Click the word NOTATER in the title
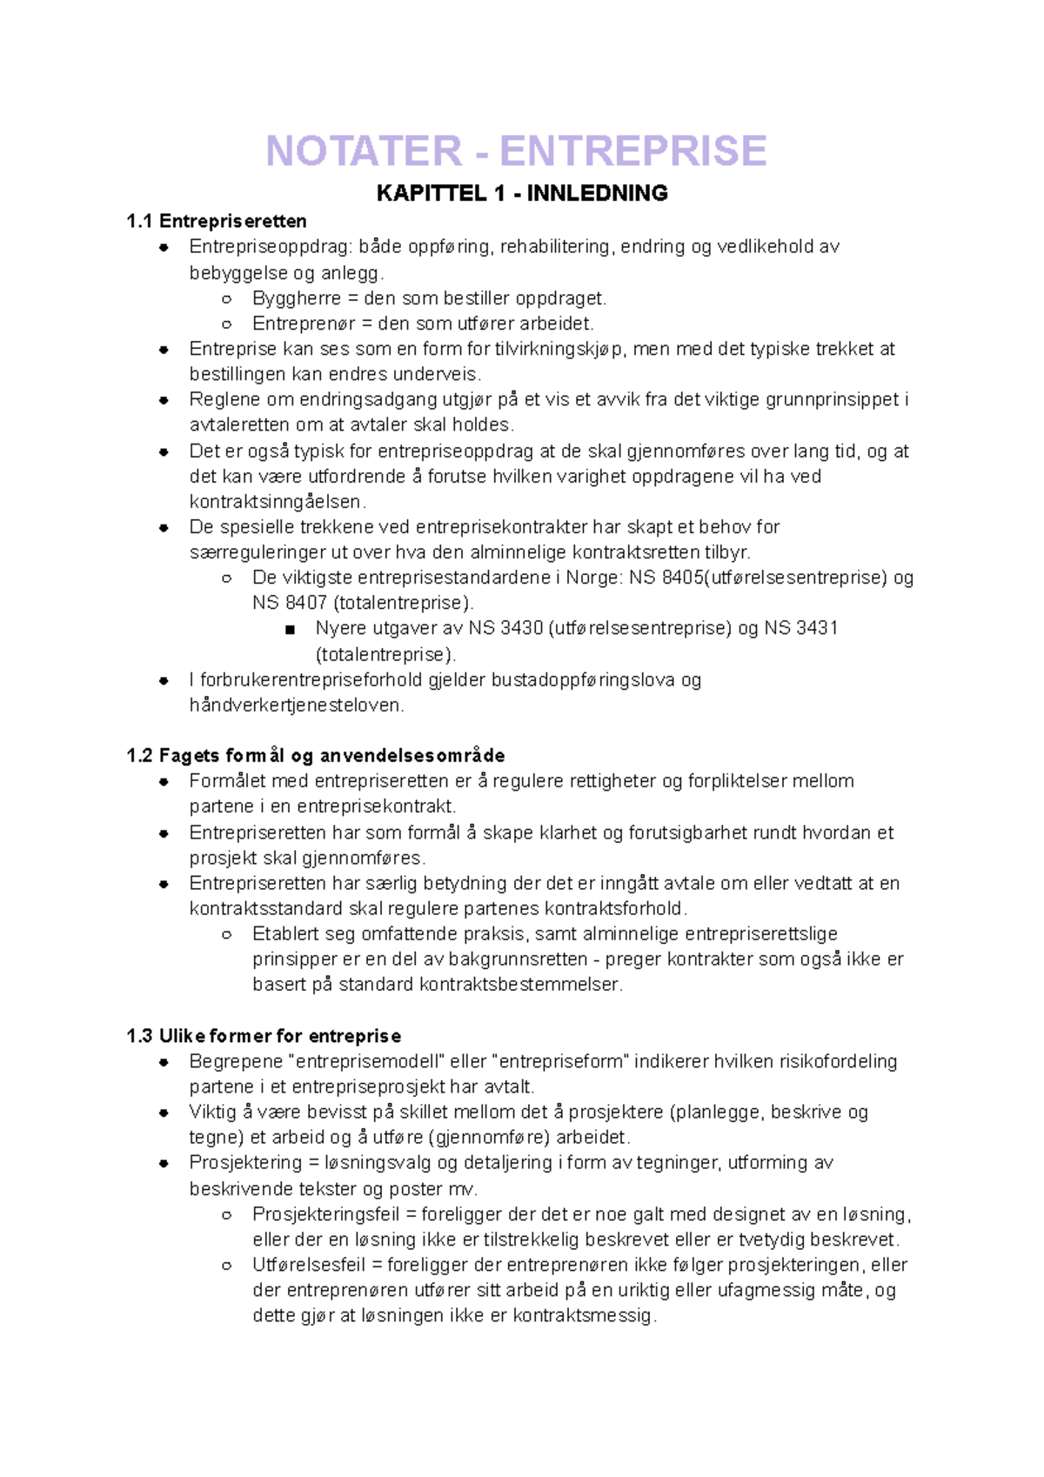point(364,151)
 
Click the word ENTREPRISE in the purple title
point(633,151)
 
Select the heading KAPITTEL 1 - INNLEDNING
point(522,193)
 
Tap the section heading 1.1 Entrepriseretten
point(216,221)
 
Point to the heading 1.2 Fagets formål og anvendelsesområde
point(315,755)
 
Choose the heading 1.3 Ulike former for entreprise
point(264,1036)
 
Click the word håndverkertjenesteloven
point(297,705)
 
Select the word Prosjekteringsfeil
point(325,1214)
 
